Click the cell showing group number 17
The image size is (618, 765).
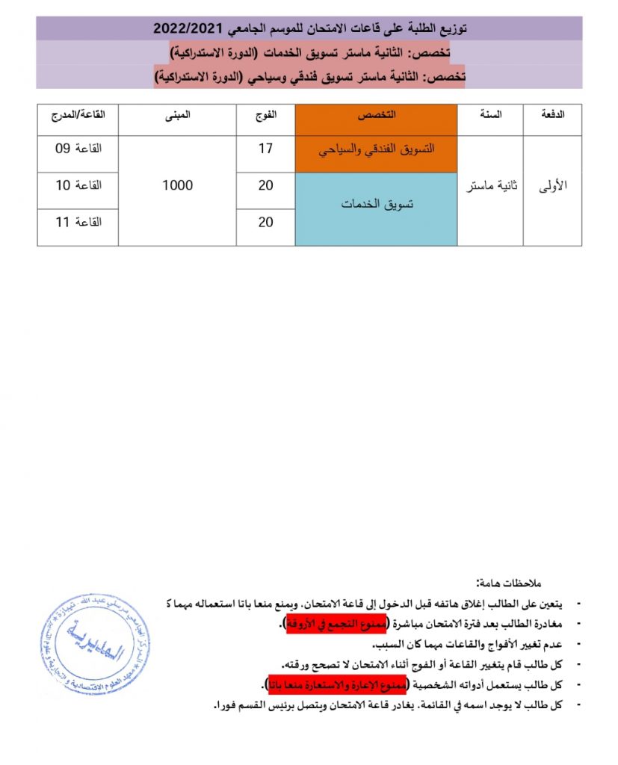coord(266,149)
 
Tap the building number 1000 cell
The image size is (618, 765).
coord(177,185)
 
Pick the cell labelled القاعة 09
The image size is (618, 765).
coord(78,149)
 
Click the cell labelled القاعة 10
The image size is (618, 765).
coord(78,185)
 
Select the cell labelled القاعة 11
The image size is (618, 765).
coord(78,222)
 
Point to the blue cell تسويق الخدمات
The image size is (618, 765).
coord(376,204)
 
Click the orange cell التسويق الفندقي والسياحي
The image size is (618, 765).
coord(376,149)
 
